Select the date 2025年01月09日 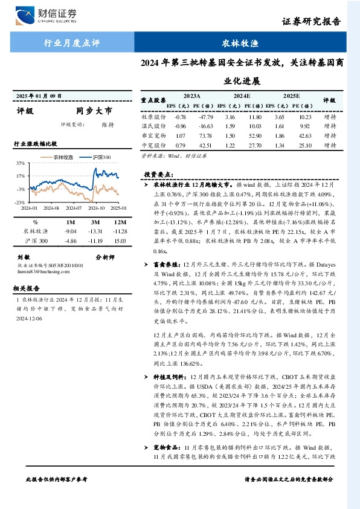pos(39,96)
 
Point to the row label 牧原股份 pos(153,116)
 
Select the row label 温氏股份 pos(153,126)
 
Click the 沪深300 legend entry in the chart pos(97,157)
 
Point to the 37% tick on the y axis pos(21,163)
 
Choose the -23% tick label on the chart pos(20,202)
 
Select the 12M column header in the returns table pos(120,222)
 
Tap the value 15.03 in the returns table pos(120,241)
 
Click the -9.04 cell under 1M pos(71,231)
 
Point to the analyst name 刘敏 pos(24,256)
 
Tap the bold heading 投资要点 pos(158,174)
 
